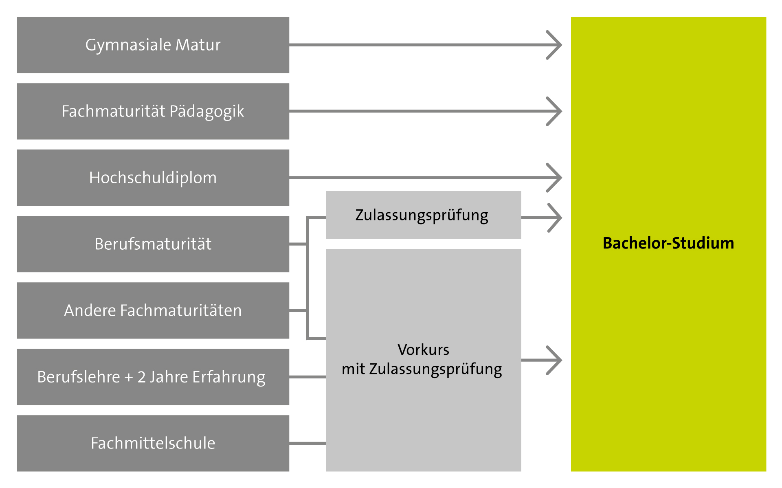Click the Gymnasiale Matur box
tap(153, 45)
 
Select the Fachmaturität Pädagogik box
tap(153, 111)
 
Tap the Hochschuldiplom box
tap(153, 178)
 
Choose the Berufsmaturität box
tap(153, 244)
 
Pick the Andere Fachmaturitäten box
tap(153, 310)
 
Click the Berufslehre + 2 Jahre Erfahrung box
tap(153, 377)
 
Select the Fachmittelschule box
tap(153, 443)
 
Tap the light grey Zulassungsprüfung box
tap(423, 215)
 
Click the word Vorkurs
tap(423, 350)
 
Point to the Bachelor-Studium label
tap(668, 243)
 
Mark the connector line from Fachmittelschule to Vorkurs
tap(308, 443)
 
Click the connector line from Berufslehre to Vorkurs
tap(308, 377)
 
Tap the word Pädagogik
tap(206, 112)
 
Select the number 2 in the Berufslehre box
tap(141, 377)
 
